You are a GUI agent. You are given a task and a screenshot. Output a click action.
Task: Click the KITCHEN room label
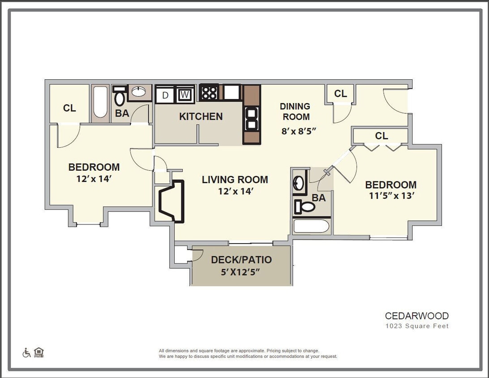(201, 116)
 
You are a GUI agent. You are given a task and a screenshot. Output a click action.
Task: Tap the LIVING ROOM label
(235, 180)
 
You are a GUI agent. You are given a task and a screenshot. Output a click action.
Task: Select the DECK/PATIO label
(241, 260)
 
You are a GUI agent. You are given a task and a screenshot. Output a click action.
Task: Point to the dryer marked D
(165, 95)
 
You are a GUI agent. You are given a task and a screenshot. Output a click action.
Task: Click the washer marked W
(184, 95)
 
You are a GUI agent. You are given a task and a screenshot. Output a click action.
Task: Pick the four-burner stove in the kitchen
(209, 93)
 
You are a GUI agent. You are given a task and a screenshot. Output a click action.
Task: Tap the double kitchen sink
(252, 119)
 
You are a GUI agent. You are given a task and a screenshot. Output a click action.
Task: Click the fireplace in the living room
(172, 201)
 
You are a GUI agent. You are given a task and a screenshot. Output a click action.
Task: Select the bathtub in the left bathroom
(100, 103)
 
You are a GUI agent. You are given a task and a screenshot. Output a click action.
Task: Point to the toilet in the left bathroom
(119, 97)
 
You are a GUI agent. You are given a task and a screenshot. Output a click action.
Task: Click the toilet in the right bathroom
(305, 207)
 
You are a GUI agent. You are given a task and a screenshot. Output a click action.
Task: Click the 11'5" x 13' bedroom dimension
(390, 196)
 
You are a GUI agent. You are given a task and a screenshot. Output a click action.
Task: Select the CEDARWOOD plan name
(416, 316)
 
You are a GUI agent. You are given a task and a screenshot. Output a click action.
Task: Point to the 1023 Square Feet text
(416, 326)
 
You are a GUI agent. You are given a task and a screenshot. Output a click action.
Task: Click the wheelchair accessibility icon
(26, 353)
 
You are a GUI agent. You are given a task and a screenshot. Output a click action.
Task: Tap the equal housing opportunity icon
(39, 352)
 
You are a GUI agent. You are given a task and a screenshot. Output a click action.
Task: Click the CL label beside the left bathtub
(69, 108)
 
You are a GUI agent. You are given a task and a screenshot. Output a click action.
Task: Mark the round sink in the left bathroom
(139, 92)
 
